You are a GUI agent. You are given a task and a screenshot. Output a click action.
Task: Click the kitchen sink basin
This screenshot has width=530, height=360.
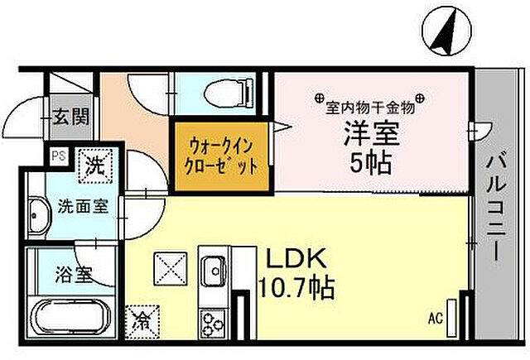point(213,271)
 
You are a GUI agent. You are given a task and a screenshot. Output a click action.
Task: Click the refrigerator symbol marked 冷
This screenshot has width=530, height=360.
point(142,319)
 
